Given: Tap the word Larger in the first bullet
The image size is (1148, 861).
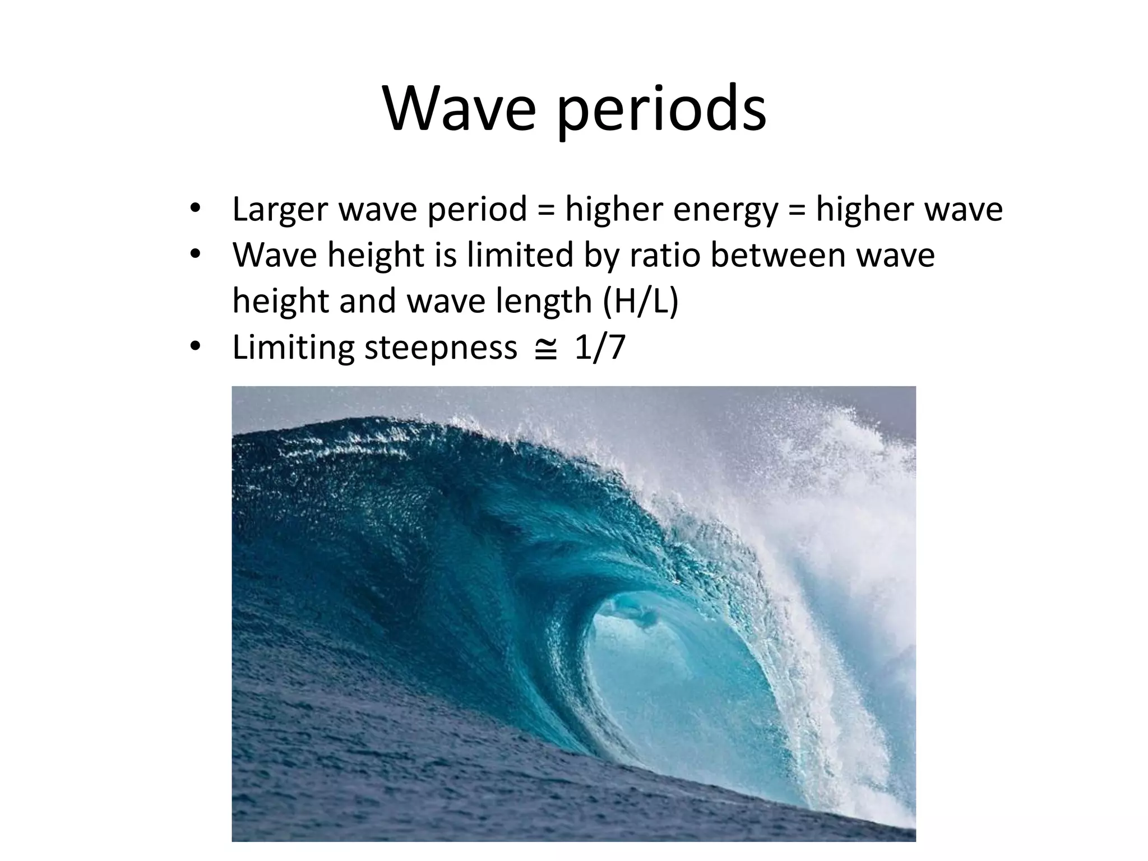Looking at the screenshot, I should point(280,210).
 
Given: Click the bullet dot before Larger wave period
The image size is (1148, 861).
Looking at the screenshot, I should point(195,209).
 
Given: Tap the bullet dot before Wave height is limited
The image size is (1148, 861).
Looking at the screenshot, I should point(195,255).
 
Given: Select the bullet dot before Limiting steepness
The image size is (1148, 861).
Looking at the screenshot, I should point(195,347).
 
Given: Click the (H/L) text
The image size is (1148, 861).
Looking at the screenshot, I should point(640,302).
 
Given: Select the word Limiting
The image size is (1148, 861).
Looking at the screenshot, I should point(293,348).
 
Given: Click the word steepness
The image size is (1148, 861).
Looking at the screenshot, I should point(441,348).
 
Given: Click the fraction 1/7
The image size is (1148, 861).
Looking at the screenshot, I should point(599,348).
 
